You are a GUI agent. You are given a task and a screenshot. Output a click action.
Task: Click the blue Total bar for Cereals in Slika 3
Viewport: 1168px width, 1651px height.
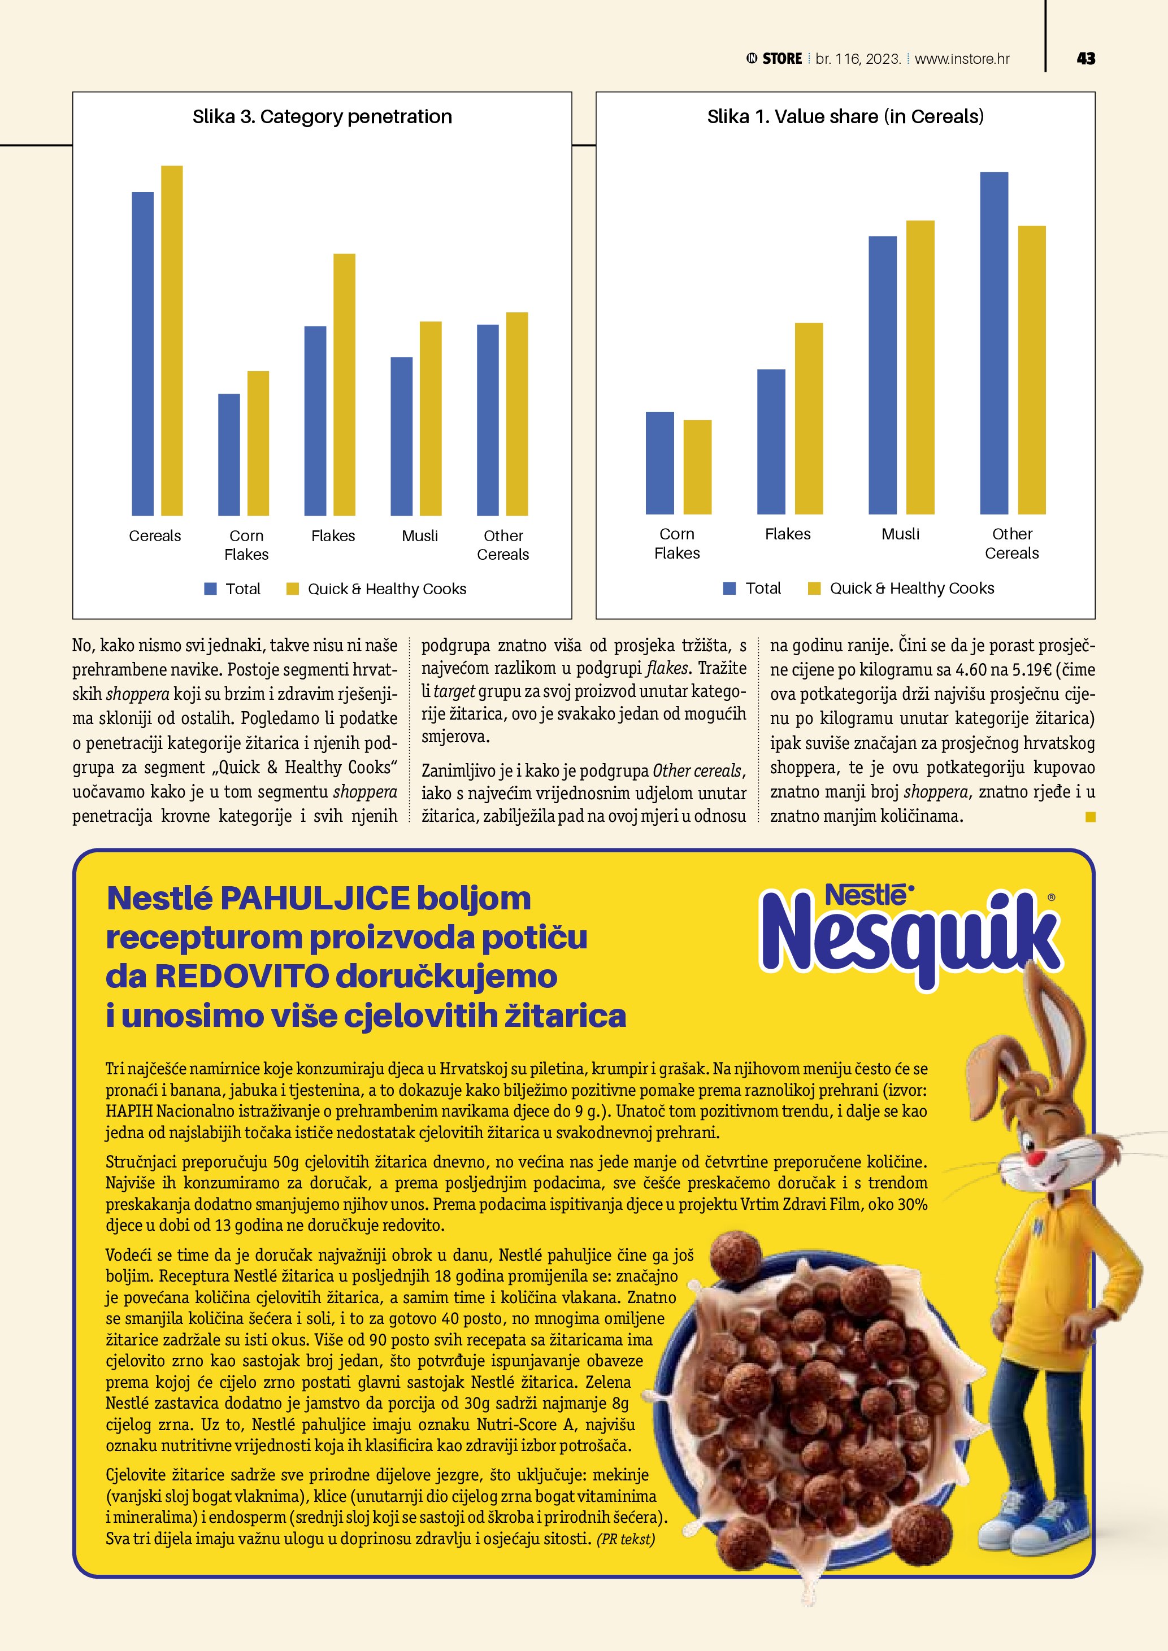point(142,354)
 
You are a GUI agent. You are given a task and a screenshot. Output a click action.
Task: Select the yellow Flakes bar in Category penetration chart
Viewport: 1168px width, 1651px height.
point(344,385)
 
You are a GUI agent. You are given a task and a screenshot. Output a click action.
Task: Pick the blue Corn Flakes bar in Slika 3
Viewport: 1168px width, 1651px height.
point(229,455)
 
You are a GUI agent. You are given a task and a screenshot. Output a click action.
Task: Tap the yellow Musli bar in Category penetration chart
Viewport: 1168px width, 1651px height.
point(430,419)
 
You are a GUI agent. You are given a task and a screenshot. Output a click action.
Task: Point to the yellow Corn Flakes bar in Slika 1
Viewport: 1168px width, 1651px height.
point(697,468)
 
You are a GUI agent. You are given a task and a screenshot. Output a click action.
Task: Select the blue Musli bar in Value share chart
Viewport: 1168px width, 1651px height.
point(883,376)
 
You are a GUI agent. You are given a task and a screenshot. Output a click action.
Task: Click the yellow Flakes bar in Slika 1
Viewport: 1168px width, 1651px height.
point(809,419)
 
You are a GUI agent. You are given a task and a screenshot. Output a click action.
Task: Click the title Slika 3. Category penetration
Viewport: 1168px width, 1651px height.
point(322,116)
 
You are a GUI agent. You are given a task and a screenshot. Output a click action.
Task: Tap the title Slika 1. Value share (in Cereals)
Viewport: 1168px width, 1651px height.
point(845,116)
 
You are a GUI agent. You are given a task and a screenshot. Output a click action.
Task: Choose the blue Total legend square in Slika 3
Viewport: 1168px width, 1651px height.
point(211,589)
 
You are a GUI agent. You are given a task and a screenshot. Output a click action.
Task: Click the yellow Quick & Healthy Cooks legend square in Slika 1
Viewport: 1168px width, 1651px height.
point(814,588)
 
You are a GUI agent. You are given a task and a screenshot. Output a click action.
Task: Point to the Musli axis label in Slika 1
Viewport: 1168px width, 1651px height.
point(901,534)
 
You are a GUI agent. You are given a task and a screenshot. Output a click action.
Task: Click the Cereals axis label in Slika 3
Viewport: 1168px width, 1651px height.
point(155,535)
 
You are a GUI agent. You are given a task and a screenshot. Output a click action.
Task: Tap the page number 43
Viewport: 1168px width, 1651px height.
point(1085,59)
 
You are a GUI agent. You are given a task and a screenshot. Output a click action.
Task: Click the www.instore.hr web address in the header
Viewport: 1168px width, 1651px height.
point(962,59)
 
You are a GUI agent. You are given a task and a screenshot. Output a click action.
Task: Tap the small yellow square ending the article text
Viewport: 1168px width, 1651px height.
point(1091,817)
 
